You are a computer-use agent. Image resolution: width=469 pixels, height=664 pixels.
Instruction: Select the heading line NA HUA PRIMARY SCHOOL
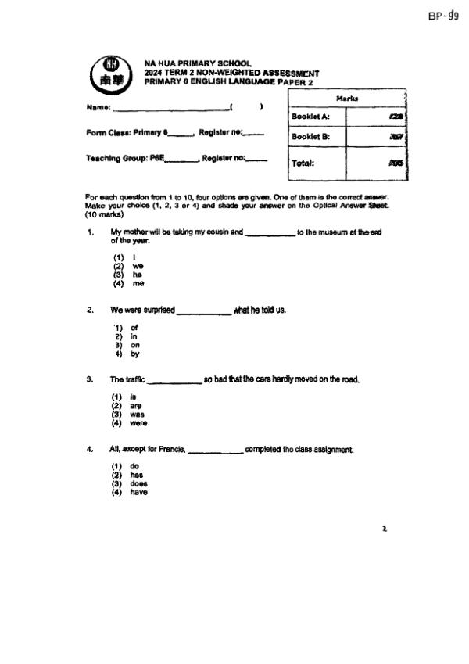tap(198, 63)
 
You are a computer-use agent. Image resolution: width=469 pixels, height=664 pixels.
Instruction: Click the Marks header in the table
tap(347, 99)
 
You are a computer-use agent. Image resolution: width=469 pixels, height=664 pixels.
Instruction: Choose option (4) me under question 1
tap(128, 284)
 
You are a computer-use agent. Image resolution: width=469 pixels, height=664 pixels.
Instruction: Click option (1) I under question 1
tap(125, 257)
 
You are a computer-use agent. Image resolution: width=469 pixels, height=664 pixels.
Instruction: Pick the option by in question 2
tap(134, 354)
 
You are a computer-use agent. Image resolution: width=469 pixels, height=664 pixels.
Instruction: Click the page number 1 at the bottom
tap(384, 529)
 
